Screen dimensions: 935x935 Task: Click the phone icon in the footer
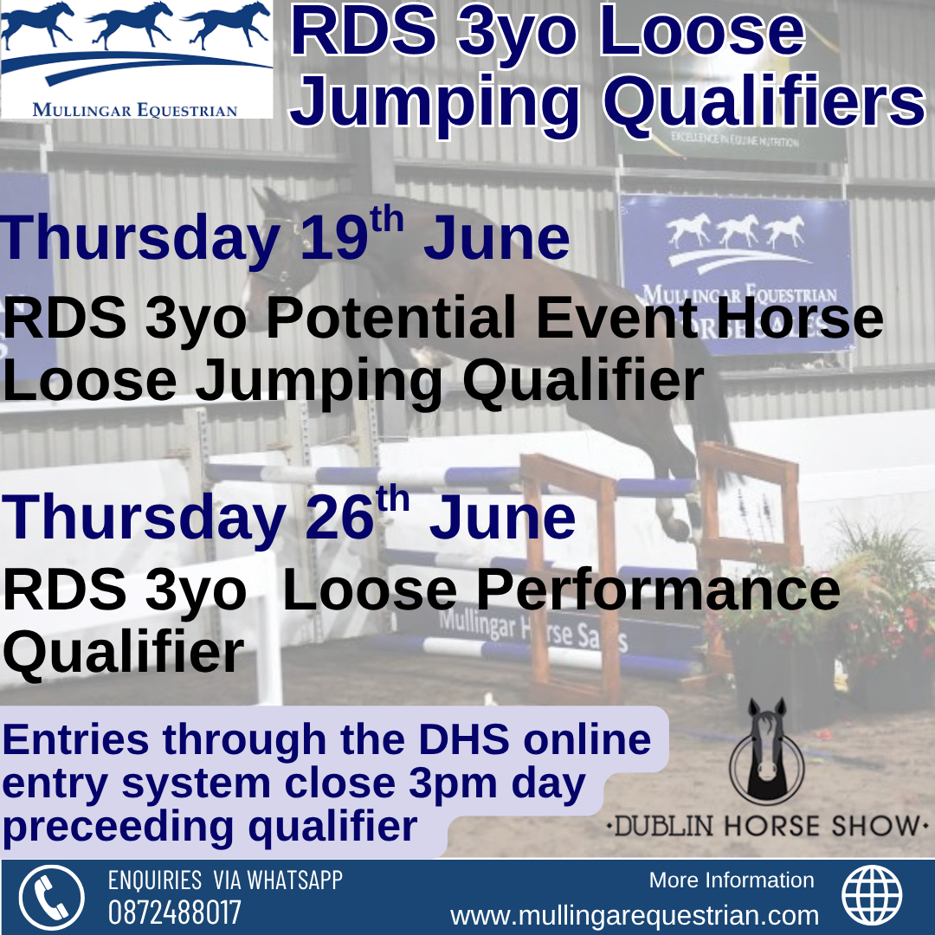(51, 897)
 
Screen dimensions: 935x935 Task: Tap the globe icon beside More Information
(871, 896)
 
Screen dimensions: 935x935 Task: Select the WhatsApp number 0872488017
(174, 913)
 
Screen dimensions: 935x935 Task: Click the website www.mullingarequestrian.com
(635, 915)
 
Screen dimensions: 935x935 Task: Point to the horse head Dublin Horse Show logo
(767, 752)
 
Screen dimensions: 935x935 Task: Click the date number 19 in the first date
(333, 239)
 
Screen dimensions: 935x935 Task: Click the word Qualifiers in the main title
(764, 100)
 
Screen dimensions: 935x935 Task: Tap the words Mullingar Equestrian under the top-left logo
(135, 110)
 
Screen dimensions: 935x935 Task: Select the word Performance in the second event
(658, 590)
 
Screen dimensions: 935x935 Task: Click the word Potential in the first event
(390, 318)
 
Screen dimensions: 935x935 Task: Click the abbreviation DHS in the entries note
(464, 739)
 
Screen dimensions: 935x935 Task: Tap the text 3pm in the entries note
(453, 784)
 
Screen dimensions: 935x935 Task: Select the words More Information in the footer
(732, 880)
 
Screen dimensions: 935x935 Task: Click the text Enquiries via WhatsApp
(225, 880)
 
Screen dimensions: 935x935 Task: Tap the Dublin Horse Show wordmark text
(767, 827)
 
